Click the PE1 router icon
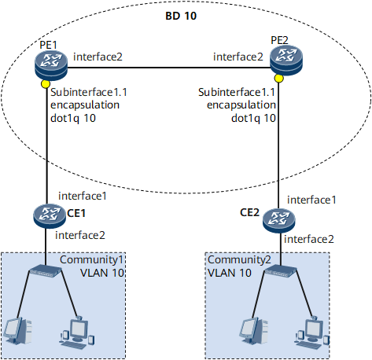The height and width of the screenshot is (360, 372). point(51,65)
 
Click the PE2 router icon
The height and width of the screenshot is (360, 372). point(286,61)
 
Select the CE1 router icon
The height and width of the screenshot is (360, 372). point(50,216)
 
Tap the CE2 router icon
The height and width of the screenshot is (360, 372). point(279,221)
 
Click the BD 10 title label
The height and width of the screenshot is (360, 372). point(181,16)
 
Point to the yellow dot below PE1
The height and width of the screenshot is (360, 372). point(46,84)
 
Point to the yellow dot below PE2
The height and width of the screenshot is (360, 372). point(279,78)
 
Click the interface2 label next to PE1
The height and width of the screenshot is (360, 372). point(98,57)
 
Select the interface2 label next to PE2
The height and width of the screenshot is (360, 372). point(238,57)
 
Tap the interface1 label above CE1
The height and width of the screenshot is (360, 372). point(83,196)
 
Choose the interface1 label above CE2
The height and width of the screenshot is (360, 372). point(311,200)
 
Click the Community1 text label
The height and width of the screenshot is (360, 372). point(91,259)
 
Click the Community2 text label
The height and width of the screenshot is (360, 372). point(239,259)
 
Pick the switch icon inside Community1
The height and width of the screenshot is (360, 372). point(46,270)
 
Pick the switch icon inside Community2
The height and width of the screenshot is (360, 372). point(280,270)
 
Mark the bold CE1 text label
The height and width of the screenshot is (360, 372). point(76,213)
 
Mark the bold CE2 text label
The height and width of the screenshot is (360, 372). point(249,212)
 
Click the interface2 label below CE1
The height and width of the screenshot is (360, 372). point(80,235)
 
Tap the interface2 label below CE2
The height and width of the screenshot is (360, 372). point(309,239)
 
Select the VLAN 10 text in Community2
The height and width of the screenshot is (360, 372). point(230,273)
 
